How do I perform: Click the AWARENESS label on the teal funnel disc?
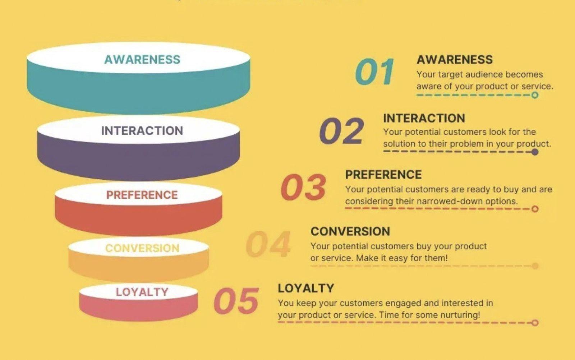[142, 59]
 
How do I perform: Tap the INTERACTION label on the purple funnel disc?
[142, 130]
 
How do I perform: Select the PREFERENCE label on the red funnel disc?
[142, 195]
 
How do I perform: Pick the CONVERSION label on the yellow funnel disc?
[142, 248]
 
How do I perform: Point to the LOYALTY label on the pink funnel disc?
[142, 292]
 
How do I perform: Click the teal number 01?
[374, 72]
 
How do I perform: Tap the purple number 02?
[341, 131]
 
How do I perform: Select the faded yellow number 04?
[268, 244]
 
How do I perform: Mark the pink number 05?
[236, 301]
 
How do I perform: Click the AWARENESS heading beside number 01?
[455, 59]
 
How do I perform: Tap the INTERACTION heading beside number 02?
[424, 118]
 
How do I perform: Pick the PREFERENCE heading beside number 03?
[383, 175]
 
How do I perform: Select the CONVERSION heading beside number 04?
[350, 231]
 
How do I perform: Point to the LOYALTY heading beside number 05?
[306, 288]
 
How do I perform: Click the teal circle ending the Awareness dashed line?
[535, 95]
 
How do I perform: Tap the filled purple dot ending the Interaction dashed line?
[535, 152]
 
